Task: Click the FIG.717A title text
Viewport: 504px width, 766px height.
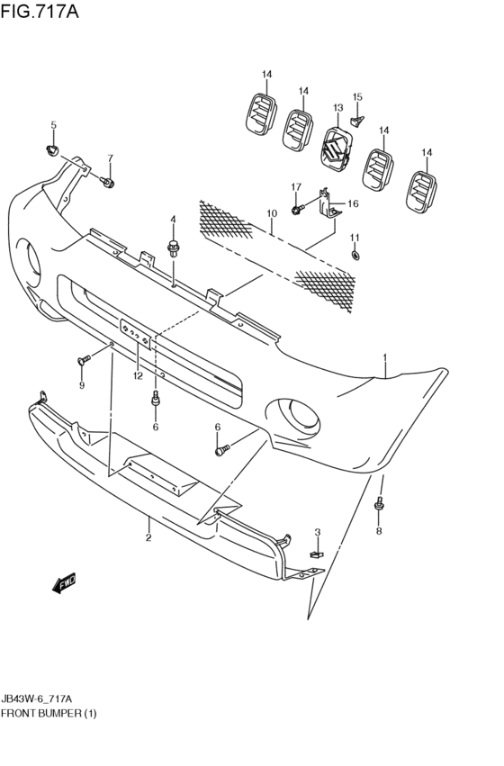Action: point(40,13)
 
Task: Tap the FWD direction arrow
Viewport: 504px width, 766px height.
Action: point(66,585)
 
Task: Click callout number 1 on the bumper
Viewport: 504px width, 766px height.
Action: point(384,357)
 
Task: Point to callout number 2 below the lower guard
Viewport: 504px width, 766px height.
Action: point(148,537)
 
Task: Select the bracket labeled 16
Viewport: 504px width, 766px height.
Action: point(329,204)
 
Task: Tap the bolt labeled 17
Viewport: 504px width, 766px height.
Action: point(296,210)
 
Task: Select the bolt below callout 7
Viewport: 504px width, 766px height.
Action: point(109,184)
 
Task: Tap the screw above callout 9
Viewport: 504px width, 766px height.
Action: point(83,360)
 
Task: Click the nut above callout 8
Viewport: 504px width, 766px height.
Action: point(379,509)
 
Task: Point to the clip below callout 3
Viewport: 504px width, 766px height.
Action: point(316,554)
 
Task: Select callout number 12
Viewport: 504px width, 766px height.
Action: point(137,376)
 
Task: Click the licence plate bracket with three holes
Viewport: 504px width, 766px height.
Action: point(137,331)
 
